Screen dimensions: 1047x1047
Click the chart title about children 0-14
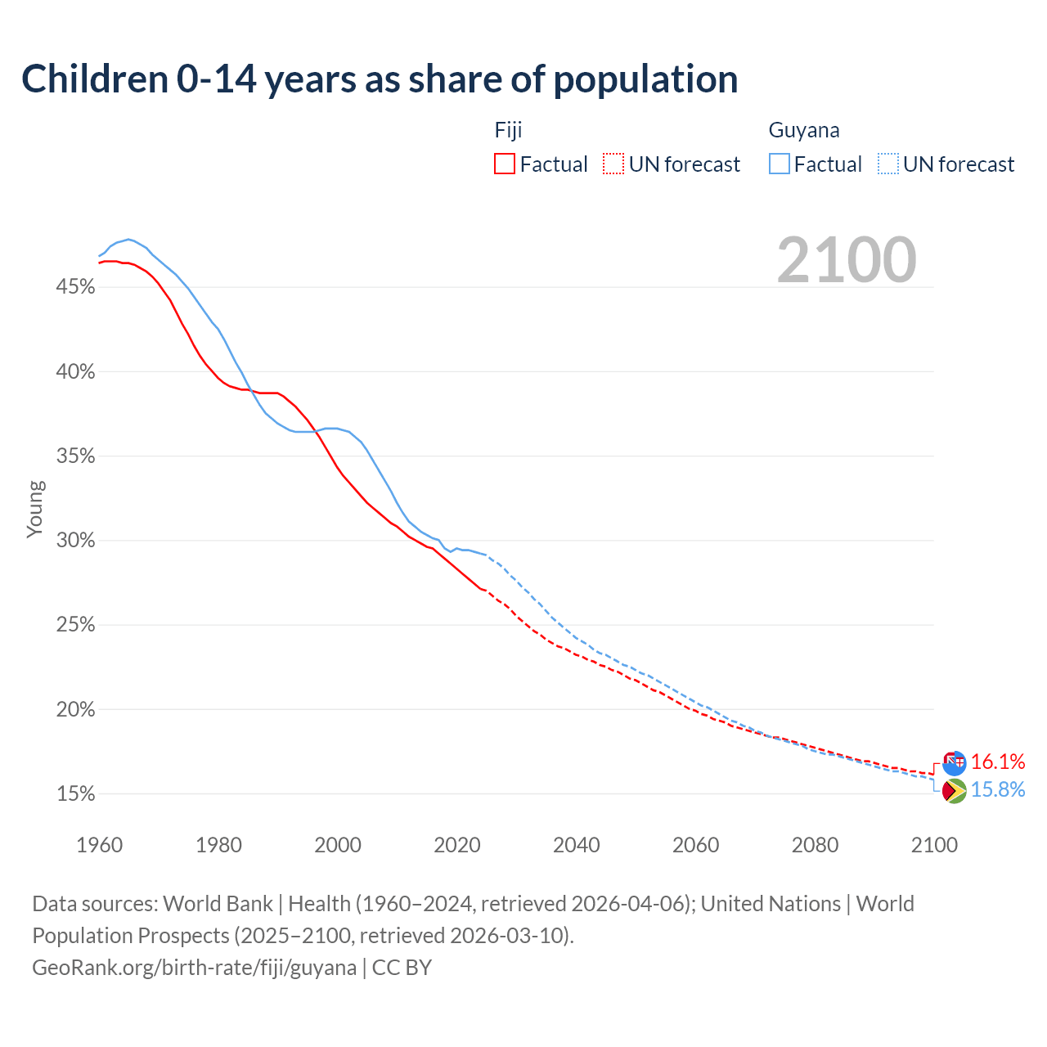380,79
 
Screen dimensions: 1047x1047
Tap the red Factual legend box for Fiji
505,164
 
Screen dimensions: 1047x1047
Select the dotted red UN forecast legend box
613,164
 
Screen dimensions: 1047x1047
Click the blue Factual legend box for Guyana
780,164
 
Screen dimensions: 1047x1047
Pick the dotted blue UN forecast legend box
888,164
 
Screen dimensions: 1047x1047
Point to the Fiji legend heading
508,131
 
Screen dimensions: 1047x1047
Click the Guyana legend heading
804,131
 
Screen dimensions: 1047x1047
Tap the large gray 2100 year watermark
847,260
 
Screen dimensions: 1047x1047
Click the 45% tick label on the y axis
76,287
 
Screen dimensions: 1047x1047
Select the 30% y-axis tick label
76,541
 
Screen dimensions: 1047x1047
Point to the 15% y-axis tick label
76,794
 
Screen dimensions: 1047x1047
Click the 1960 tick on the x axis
99,845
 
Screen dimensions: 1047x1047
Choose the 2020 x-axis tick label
456,845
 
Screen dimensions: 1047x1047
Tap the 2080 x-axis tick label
815,845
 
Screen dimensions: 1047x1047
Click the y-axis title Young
35,509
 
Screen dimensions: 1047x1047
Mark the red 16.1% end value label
998,762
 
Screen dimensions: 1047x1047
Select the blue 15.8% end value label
998,790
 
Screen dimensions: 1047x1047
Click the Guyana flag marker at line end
954,791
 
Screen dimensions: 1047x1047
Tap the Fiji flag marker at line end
954,762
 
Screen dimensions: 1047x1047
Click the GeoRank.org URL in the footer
195,968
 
